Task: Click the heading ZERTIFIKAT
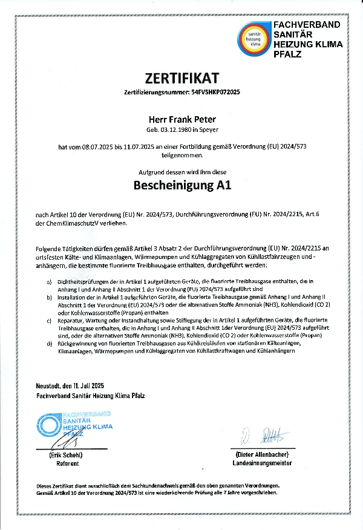(x=181, y=77)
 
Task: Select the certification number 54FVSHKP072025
(x=216, y=93)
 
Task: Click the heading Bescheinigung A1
(x=181, y=186)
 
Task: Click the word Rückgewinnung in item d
(x=76, y=344)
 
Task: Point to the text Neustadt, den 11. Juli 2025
(x=70, y=385)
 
